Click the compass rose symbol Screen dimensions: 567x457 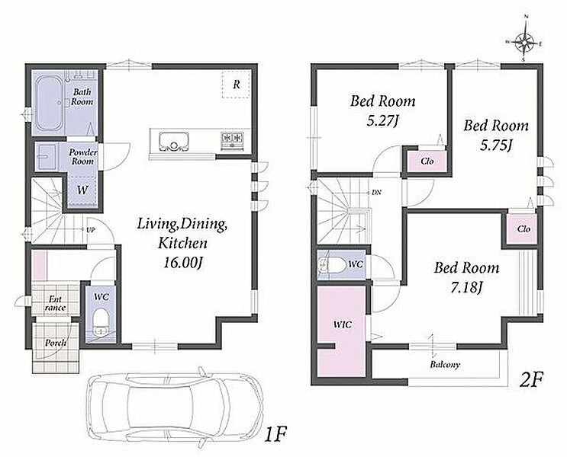click(x=525, y=42)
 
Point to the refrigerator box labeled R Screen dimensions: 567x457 click(x=236, y=84)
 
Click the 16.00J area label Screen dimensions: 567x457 click(x=182, y=263)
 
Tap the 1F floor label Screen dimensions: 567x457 click(x=275, y=433)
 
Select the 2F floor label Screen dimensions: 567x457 click(x=531, y=379)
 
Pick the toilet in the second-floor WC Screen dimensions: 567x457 click(x=331, y=265)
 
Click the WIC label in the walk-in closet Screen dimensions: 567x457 click(x=342, y=324)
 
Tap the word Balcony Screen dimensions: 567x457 click(x=445, y=365)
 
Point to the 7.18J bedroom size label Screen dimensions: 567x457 click(x=466, y=288)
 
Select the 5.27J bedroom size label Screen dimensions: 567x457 click(x=382, y=120)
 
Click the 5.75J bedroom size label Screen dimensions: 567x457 click(x=496, y=145)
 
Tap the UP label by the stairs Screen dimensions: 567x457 click(x=90, y=229)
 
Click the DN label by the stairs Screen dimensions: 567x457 click(x=376, y=193)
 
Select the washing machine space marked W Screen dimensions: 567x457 click(x=82, y=190)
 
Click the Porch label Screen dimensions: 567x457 click(x=56, y=343)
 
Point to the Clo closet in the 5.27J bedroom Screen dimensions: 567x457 click(x=427, y=161)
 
